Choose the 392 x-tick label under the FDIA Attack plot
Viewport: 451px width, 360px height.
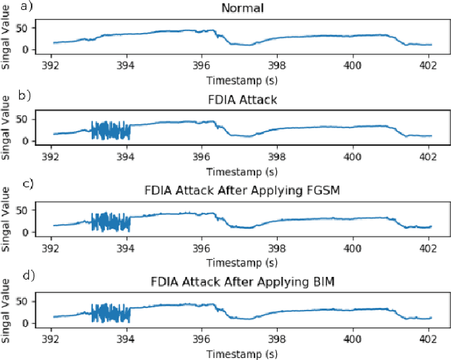point(51,157)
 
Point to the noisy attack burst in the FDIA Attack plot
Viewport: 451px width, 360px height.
point(111,130)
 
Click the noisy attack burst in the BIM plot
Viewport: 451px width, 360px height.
point(111,313)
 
